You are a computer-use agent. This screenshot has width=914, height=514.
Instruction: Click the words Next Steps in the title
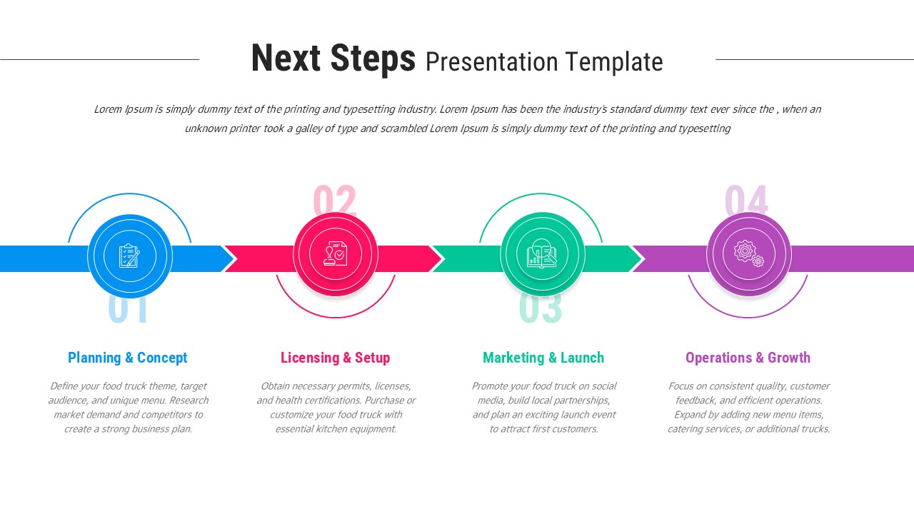pyautogui.click(x=333, y=59)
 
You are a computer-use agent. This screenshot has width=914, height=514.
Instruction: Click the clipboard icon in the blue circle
pyautogui.click(x=130, y=256)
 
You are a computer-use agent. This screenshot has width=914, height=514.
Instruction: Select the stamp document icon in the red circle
pyautogui.click(x=335, y=254)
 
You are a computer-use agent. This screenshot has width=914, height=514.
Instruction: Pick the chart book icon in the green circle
pyautogui.click(x=542, y=255)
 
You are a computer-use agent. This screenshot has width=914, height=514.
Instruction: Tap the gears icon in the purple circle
pyautogui.click(x=748, y=253)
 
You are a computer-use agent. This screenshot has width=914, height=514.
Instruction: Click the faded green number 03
pyautogui.click(x=541, y=309)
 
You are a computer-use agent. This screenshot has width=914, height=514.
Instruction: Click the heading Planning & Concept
pyautogui.click(x=128, y=358)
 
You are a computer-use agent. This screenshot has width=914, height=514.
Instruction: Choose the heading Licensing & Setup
pyautogui.click(x=335, y=358)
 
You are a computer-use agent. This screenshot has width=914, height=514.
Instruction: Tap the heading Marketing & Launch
pyautogui.click(x=543, y=358)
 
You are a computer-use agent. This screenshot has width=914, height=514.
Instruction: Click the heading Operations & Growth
pyautogui.click(x=748, y=358)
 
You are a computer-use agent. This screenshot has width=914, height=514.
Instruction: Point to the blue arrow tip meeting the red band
pyautogui.click(x=230, y=258)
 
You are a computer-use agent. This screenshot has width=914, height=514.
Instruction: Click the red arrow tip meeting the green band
pyautogui.click(x=437, y=258)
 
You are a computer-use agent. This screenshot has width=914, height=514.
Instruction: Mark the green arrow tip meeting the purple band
pyautogui.click(x=638, y=258)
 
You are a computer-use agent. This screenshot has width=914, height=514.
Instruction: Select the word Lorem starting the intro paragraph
pyautogui.click(x=108, y=109)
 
